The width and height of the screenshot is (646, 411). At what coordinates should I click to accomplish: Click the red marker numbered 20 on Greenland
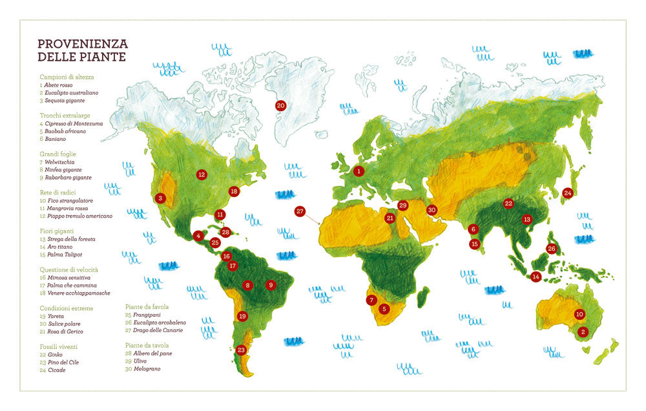(280, 105)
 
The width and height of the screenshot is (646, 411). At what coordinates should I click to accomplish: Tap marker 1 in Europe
(359, 171)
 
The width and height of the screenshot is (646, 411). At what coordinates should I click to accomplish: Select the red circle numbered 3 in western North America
(160, 198)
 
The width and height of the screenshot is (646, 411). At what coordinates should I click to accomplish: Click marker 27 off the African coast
(300, 211)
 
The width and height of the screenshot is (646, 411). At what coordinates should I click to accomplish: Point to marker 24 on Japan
(568, 193)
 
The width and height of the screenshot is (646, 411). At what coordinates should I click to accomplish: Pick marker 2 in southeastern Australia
(583, 332)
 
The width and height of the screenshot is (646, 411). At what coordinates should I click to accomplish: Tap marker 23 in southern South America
(241, 350)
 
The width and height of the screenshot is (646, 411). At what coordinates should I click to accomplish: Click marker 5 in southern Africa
(384, 309)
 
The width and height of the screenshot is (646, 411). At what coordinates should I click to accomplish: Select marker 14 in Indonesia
(536, 277)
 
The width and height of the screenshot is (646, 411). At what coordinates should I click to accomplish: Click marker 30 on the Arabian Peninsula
(432, 210)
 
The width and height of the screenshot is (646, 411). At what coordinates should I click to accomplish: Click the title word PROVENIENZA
(83, 44)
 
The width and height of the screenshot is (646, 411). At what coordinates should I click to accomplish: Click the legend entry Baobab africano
(65, 131)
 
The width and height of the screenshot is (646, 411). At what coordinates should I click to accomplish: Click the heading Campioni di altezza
(67, 77)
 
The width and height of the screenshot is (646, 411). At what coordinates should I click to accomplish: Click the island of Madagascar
(424, 298)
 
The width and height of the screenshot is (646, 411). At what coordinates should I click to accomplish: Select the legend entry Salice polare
(63, 324)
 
